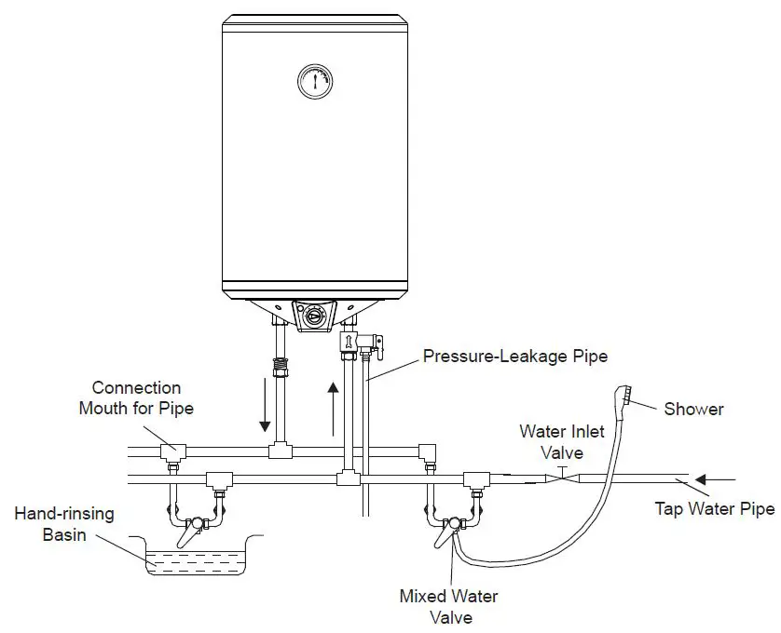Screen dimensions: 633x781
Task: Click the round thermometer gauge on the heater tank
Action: (x=315, y=81)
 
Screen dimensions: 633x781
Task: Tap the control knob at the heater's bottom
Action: (x=315, y=316)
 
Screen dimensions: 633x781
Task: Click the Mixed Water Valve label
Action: (x=448, y=606)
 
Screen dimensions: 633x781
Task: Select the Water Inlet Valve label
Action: (x=563, y=442)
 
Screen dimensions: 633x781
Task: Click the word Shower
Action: (x=693, y=409)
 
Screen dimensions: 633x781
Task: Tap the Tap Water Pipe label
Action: (x=715, y=508)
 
